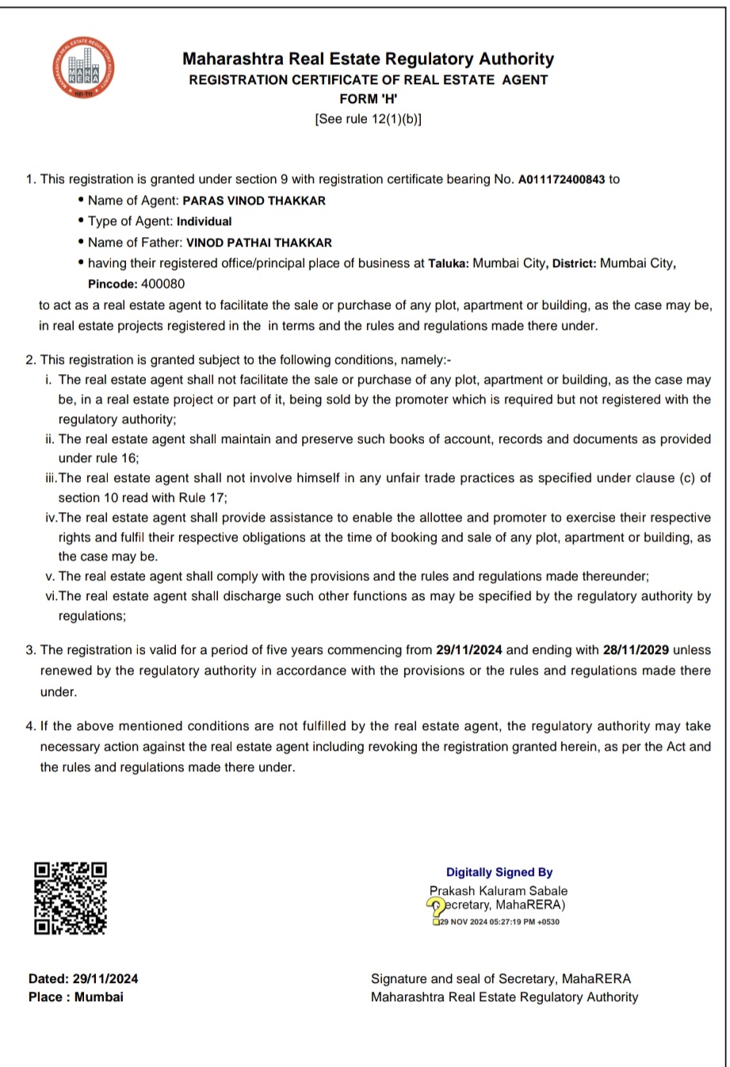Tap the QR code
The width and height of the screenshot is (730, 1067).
(71, 898)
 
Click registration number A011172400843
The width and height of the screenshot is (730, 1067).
(561, 179)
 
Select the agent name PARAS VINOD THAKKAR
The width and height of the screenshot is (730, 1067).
(254, 201)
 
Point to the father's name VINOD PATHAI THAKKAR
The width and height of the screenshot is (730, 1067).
(258, 243)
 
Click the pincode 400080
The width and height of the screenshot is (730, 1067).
(162, 284)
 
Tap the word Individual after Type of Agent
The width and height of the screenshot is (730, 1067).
(204, 222)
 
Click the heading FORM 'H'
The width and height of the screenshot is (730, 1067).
(368, 99)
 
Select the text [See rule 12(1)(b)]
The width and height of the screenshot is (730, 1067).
(368, 119)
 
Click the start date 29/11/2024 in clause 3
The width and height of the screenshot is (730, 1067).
(469, 650)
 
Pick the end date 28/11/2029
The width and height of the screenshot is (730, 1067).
(636, 650)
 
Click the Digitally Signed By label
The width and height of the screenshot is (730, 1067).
(499, 872)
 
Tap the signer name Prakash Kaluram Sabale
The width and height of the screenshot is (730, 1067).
(499, 890)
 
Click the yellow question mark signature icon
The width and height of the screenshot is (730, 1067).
(436, 907)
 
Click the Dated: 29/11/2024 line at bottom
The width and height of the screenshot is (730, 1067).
(83, 979)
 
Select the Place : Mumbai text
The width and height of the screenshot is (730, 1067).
(76, 997)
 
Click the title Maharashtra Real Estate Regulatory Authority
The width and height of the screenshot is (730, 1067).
(368, 59)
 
